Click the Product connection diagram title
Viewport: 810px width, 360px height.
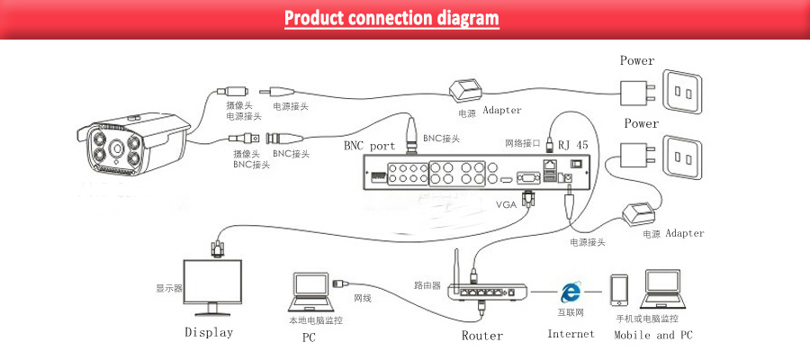point(391,18)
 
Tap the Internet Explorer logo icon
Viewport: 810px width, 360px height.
point(570,292)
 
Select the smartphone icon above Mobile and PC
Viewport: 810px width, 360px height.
point(618,291)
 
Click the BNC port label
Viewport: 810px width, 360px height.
point(369,145)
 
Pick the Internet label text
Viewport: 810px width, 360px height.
point(571,334)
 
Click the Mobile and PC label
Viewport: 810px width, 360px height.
point(652,335)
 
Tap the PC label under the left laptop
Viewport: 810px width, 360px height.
point(308,338)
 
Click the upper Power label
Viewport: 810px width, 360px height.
point(637,61)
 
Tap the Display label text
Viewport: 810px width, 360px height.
point(208,332)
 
